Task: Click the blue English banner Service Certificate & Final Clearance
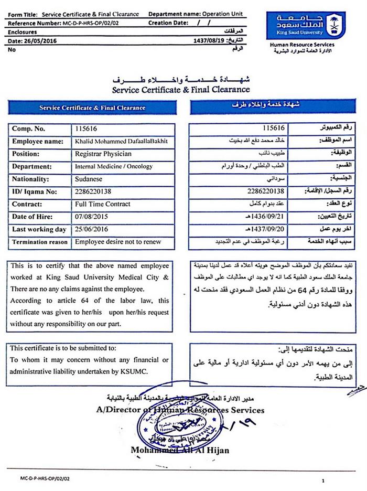tap(93, 108)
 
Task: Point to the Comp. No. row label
tap(29, 129)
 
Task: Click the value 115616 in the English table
tap(86, 129)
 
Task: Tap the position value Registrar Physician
tap(103, 154)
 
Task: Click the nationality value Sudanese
tap(91, 179)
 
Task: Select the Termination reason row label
tap(40, 242)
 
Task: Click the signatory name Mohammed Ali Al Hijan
tap(180, 451)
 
